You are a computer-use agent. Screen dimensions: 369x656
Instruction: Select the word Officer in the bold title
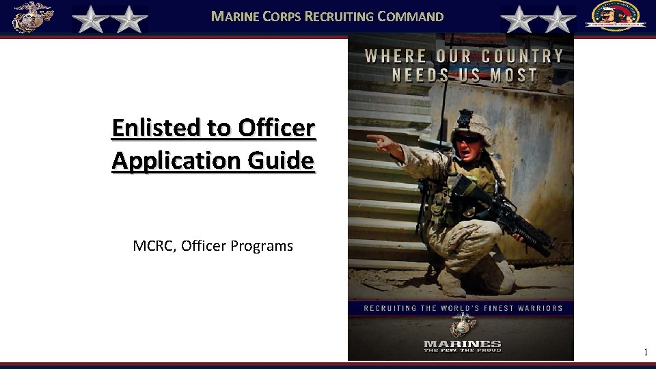click(x=277, y=128)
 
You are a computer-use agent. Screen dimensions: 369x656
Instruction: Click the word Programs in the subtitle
click(x=262, y=246)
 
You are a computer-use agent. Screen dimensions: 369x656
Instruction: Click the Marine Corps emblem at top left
click(x=31, y=17)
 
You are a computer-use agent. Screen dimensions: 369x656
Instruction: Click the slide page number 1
click(x=645, y=353)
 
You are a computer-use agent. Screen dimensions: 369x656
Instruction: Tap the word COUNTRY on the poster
click(x=522, y=56)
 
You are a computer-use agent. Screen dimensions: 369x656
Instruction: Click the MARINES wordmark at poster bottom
click(x=462, y=344)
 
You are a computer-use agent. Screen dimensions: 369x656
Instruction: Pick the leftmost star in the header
click(x=89, y=19)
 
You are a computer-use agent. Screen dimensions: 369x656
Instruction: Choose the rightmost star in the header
click(x=558, y=19)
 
